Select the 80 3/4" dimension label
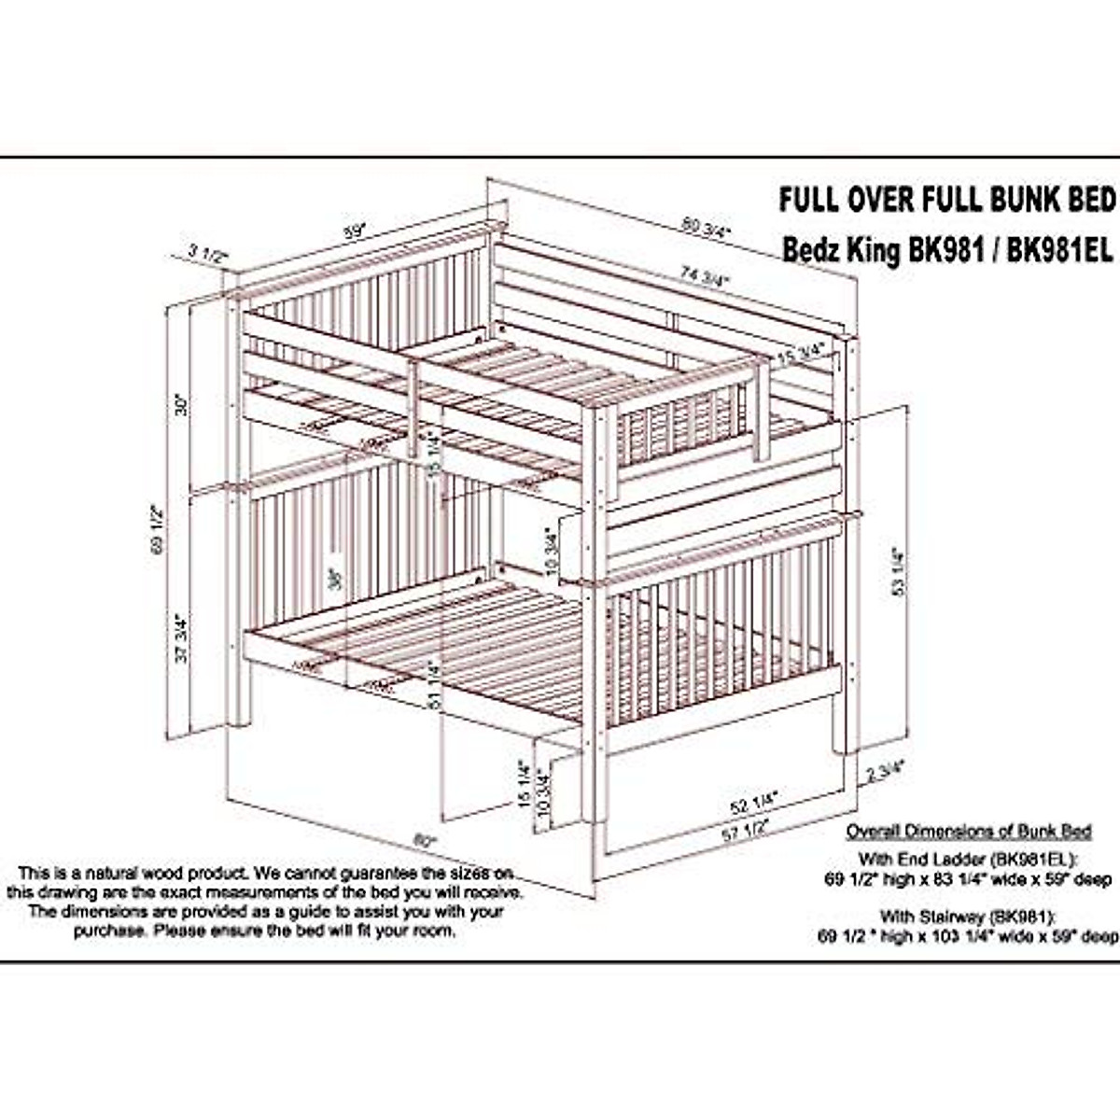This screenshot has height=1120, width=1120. click(x=707, y=227)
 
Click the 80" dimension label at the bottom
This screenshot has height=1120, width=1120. click(x=426, y=841)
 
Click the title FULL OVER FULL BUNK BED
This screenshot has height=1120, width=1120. click(x=947, y=199)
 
